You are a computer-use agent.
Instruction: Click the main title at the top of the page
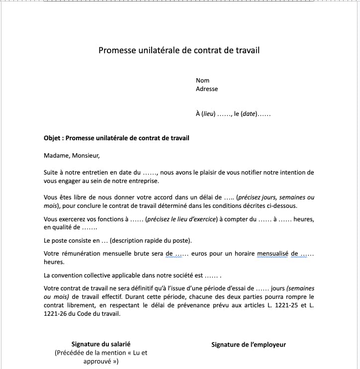[x=179, y=50]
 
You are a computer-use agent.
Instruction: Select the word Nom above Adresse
[x=202, y=81]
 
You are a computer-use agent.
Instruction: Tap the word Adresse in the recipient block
[x=207, y=89]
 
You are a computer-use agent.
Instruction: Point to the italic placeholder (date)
[x=249, y=114]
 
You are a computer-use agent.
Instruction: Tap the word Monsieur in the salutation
[x=86, y=155]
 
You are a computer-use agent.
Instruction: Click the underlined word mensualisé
[x=273, y=254]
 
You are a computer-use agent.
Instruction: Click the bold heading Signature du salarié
[x=101, y=344]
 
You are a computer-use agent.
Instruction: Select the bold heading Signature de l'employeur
[x=249, y=345]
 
